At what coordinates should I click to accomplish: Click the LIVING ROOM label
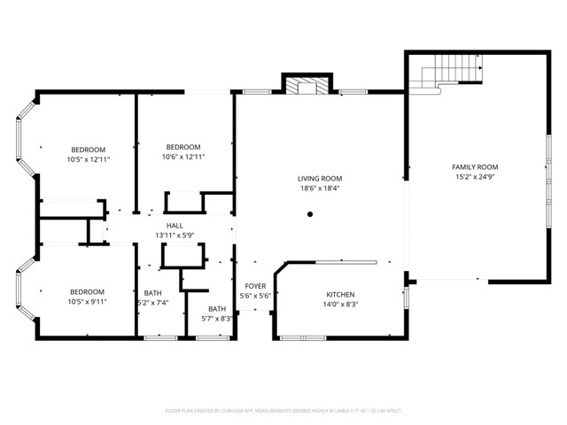[320, 178]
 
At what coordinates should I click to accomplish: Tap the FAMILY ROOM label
[475, 166]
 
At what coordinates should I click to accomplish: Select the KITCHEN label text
[340, 294]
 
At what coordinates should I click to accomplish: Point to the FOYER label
[255, 285]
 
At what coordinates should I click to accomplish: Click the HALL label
[175, 226]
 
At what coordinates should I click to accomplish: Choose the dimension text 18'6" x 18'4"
[320, 188]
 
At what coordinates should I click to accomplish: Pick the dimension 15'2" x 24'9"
[475, 176]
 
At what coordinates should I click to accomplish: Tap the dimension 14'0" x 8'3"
[340, 305]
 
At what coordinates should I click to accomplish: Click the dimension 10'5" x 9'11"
[88, 301]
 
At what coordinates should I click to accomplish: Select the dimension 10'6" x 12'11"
[183, 157]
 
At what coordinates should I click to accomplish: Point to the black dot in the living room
[310, 213]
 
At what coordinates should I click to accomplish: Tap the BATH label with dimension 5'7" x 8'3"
[217, 308]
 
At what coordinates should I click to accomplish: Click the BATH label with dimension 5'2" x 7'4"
[152, 293]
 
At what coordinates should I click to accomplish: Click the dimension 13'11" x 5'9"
[175, 236]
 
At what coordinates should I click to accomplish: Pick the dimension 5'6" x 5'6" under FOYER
[255, 296]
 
